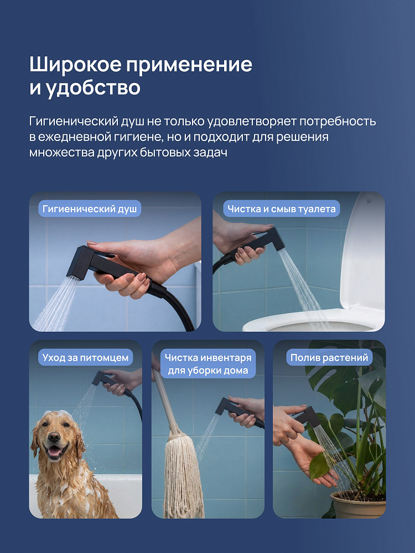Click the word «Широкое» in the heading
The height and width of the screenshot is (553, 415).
pyautogui.click(x=75, y=64)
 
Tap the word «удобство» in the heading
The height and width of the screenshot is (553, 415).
pyautogui.click(x=94, y=87)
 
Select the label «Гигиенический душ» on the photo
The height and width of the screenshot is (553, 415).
pyautogui.click(x=90, y=209)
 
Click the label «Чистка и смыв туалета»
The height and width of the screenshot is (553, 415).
pyautogui.click(x=281, y=209)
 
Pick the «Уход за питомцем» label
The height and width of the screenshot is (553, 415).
pyautogui.click(x=85, y=357)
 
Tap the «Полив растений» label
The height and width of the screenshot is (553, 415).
pyautogui.click(x=329, y=357)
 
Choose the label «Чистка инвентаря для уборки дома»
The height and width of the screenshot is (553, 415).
pyautogui.click(x=208, y=364)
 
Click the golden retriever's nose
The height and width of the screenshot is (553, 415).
pyautogui.click(x=54, y=437)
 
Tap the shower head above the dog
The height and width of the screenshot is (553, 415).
pyautogui.click(x=103, y=379)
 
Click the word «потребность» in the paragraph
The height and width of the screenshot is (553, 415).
pyautogui.click(x=338, y=121)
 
